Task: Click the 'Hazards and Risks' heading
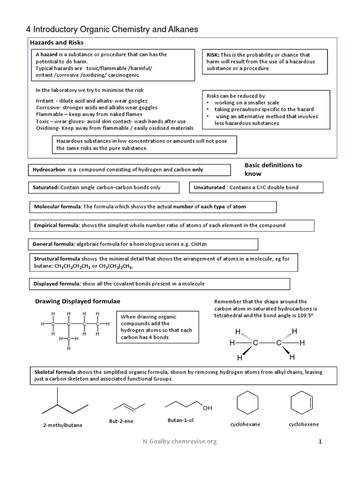pyautogui.click(x=57, y=43)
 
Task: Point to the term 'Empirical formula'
pyautogui.click(x=56, y=225)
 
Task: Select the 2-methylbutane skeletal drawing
pyautogui.click(x=65, y=403)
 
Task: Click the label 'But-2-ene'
pyautogui.click(x=121, y=421)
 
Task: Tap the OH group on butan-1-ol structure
pyautogui.click(x=207, y=407)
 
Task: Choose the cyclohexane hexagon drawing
pyautogui.click(x=247, y=403)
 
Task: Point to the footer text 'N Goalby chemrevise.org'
pyautogui.click(x=180, y=442)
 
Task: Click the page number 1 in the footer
pyautogui.click(x=321, y=442)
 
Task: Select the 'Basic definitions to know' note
pyautogui.click(x=273, y=169)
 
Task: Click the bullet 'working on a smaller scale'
pyautogui.click(x=247, y=103)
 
